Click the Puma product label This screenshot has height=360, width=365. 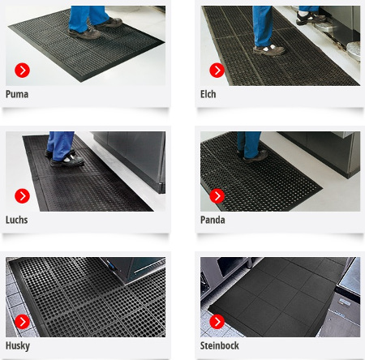pos(17,94)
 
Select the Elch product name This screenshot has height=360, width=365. pos(208,94)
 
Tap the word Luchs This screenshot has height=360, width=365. pos(16,220)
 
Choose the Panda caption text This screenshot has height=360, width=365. pos(213,220)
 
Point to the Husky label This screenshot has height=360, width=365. pos(18,346)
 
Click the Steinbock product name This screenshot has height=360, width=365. pos(220,345)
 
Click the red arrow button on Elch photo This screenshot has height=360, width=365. pos(217,71)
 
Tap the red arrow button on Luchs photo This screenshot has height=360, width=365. pos(22,196)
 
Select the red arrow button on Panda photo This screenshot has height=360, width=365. pos(217,196)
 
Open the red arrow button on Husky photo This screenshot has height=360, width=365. pos(22,322)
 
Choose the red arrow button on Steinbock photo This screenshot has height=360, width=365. pos(217,322)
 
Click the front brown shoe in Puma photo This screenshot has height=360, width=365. pos(84,34)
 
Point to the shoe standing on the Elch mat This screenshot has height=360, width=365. pos(268,50)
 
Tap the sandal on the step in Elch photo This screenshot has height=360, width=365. pos(311,18)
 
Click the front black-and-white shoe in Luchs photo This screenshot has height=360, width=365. pos(67,161)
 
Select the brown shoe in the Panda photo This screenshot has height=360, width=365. pos(254,156)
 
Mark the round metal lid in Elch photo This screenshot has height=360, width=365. pos(354,51)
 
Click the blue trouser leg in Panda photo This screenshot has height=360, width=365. pos(249,144)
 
